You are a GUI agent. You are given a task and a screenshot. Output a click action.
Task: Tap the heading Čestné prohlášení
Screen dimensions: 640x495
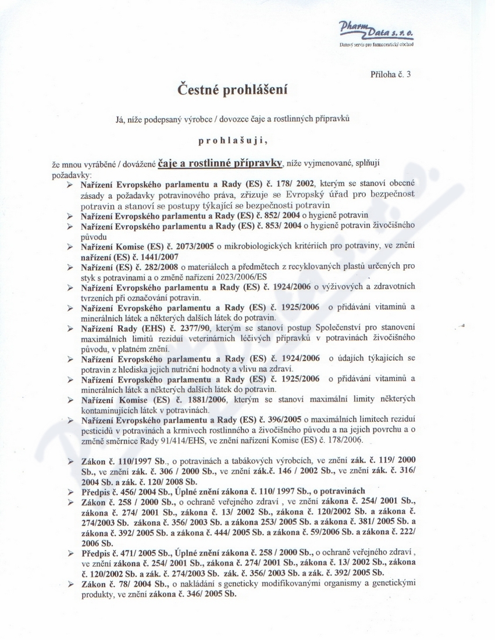[x=233, y=90]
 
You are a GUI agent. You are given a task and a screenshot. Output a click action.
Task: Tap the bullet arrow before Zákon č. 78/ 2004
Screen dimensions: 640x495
[x=70, y=584]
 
